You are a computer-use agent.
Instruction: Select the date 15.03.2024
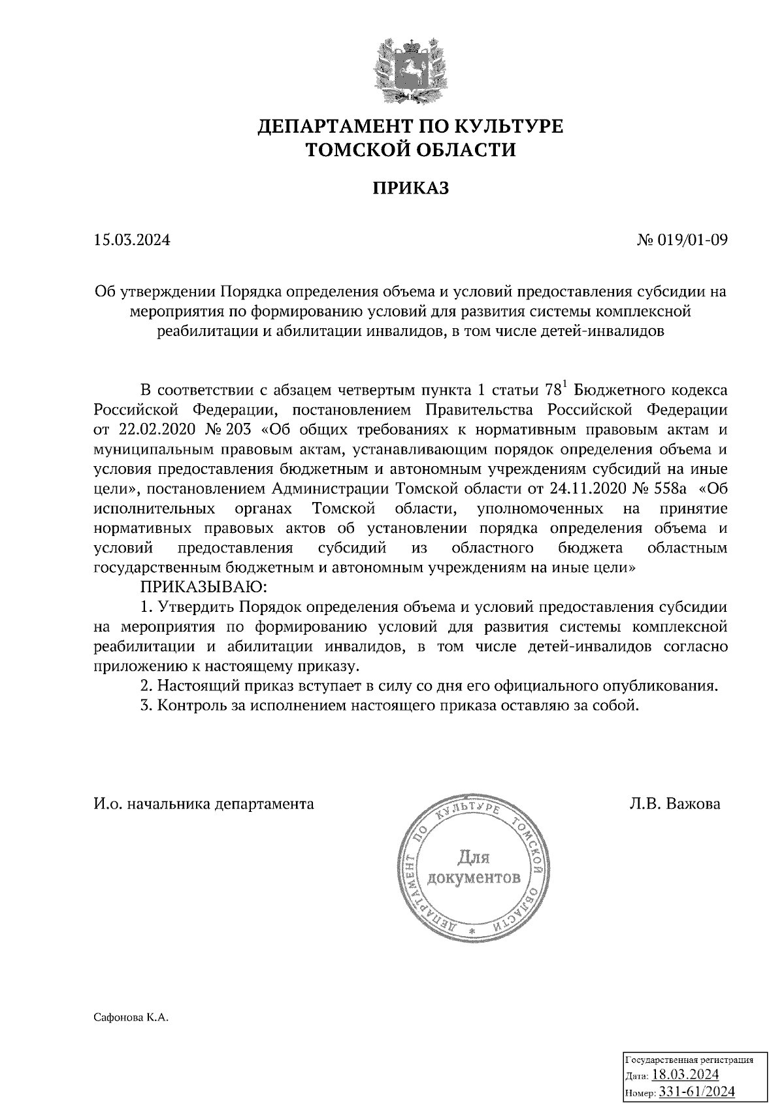tap(131, 240)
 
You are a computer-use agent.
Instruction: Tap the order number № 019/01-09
tap(682, 240)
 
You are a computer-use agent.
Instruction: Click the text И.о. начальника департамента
tap(203, 803)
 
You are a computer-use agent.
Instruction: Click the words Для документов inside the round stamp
tap(473, 867)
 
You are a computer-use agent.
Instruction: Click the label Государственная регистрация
tap(689, 1060)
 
